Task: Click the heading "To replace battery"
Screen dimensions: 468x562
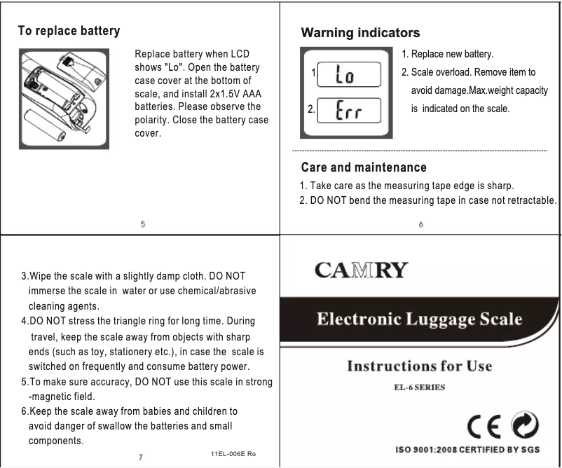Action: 69,32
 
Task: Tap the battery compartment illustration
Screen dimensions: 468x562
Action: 64,99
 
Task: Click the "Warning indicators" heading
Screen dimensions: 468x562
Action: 360,33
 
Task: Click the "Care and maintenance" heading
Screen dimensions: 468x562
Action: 363,167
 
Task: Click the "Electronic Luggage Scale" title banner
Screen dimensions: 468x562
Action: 419,319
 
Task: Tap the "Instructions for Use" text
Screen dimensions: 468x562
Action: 419,366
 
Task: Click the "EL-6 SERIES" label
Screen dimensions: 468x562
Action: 418,386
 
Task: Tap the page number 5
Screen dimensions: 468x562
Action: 143,225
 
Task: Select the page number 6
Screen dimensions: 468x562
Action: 420,225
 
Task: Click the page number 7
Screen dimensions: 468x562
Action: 140,457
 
